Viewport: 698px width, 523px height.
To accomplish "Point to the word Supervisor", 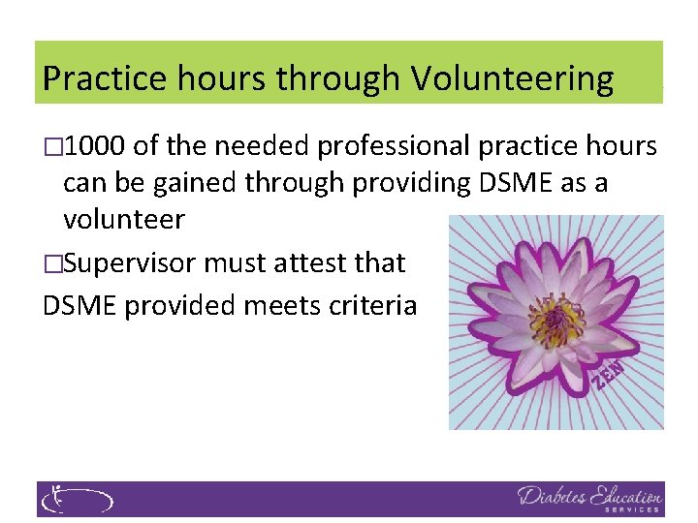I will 135,261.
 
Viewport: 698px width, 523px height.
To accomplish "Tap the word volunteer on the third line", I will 123,220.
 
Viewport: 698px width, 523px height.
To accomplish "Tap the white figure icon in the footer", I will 56,499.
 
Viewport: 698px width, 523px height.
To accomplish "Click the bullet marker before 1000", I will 52,147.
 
